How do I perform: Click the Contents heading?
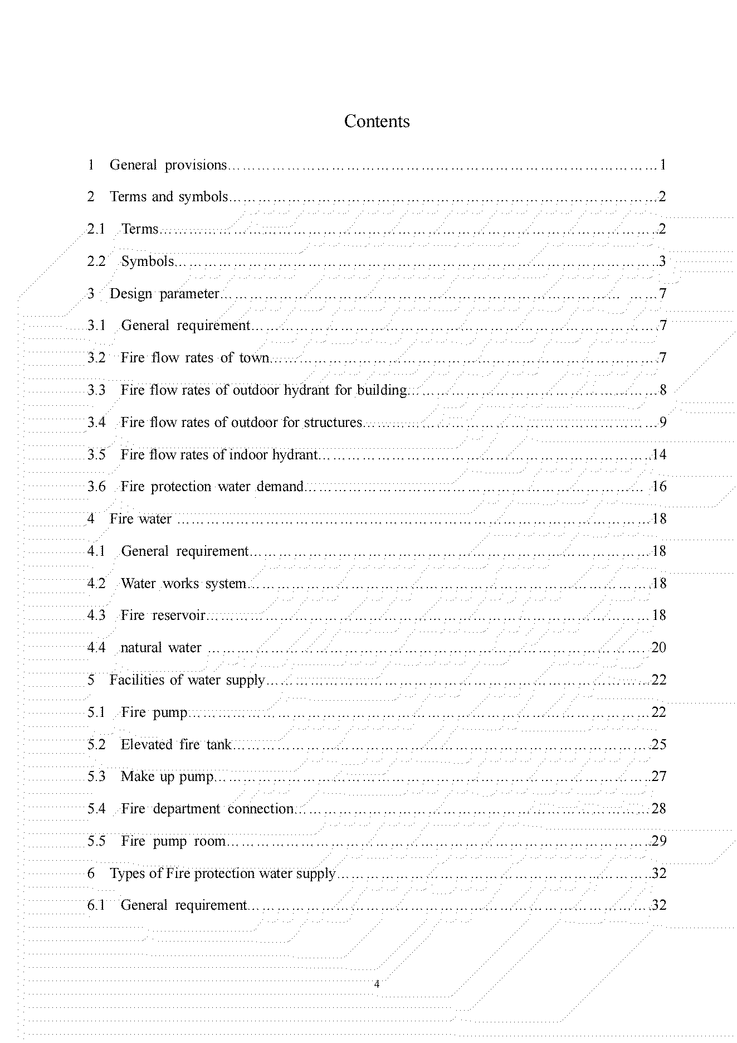pos(377,122)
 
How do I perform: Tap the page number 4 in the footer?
pos(377,984)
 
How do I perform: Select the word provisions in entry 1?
pos(196,165)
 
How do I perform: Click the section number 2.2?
pos(96,261)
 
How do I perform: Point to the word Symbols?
pos(148,261)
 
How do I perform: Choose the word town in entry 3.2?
pos(254,358)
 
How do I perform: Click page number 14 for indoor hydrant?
pos(658,455)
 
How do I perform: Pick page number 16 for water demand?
pos(658,487)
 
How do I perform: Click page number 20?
pos(658,648)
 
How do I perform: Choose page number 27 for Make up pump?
pos(658,777)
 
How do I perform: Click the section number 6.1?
pos(96,905)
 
